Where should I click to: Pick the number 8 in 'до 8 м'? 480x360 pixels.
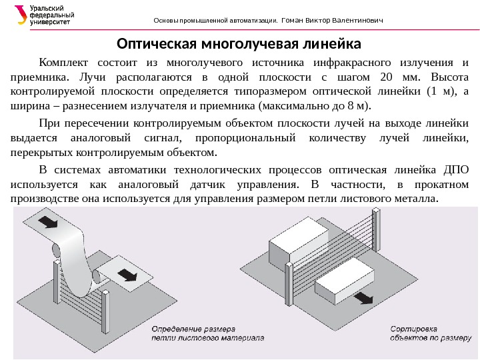coord(359,105)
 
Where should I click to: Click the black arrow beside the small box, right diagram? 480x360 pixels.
coord(363,298)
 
